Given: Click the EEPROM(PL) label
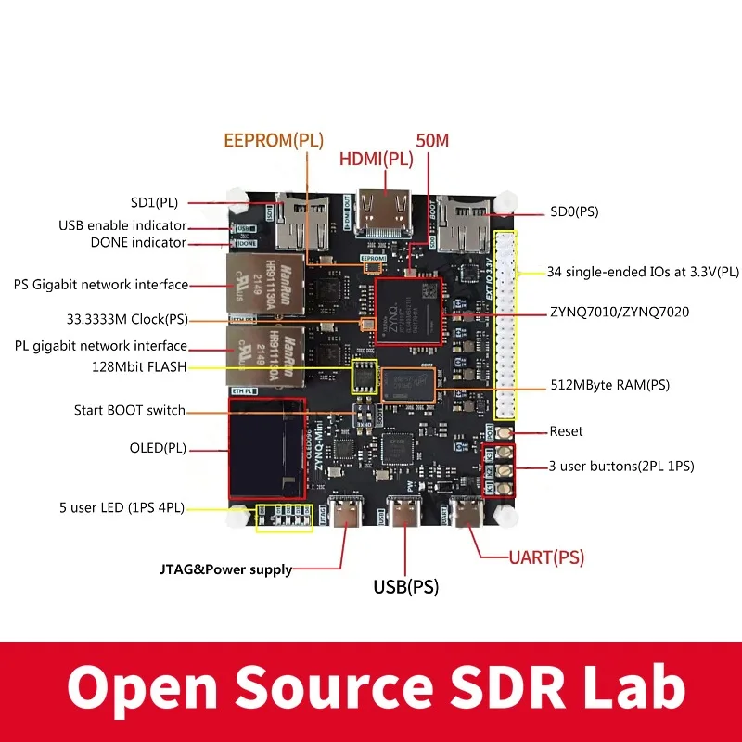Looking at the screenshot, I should tap(274, 141).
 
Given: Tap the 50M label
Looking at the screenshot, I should tap(432, 141).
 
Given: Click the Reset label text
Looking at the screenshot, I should tap(566, 431).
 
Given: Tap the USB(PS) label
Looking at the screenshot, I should tap(405, 586).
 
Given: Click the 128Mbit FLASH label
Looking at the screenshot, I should tap(138, 366).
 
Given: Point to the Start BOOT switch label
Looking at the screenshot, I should tap(130, 410).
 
